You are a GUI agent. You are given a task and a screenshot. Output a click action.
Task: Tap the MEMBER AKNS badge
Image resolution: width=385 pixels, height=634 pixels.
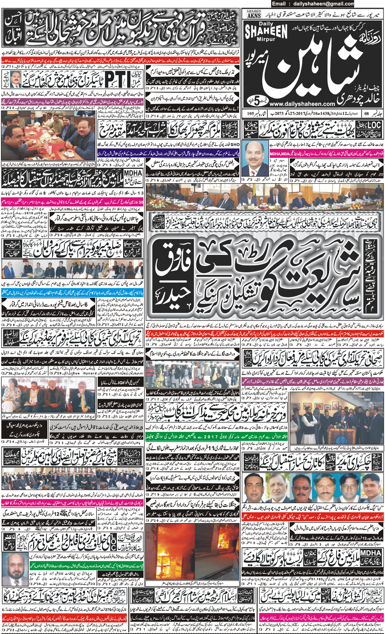(x=254, y=14)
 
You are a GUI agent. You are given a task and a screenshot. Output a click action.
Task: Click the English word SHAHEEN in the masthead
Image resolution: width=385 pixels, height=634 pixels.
(x=266, y=31)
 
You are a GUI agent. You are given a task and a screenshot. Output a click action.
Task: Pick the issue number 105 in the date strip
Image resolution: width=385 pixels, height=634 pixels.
(x=250, y=113)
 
